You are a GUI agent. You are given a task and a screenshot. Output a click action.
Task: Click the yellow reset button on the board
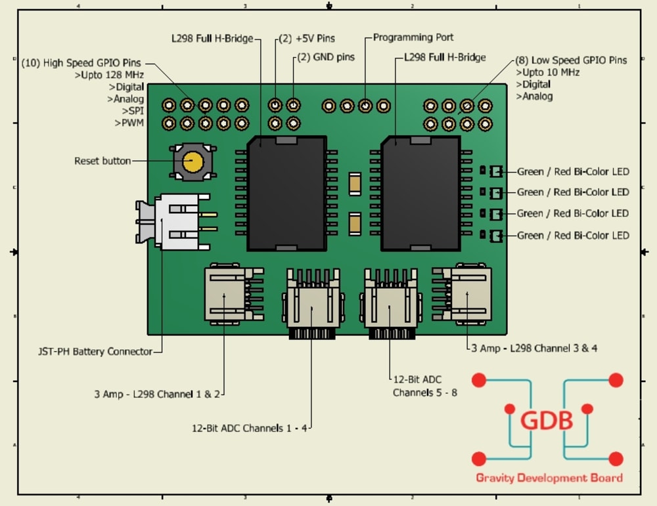click(x=193, y=161)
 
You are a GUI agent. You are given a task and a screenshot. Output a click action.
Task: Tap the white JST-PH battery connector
click(x=176, y=221)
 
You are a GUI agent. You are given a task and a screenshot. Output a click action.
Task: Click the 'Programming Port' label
click(x=413, y=37)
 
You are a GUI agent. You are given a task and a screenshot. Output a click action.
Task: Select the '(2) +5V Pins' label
click(x=307, y=39)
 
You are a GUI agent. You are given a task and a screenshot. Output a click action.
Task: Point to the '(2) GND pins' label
click(x=326, y=57)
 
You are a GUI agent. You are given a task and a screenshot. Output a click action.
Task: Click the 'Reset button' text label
click(x=102, y=161)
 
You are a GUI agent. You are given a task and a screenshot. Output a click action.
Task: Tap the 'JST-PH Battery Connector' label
click(x=95, y=351)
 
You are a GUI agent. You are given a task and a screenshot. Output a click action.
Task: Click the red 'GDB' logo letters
click(x=547, y=420)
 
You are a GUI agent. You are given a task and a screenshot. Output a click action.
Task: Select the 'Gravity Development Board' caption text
click(x=549, y=478)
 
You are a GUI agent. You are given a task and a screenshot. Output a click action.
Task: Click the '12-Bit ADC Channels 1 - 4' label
click(x=249, y=428)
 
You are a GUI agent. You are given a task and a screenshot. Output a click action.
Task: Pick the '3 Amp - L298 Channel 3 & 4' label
click(x=534, y=348)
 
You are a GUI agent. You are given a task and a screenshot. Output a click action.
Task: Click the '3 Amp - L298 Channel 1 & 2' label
click(x=157, y=394)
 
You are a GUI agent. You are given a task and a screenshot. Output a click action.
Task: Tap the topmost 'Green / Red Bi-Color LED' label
click(x=573, y=171)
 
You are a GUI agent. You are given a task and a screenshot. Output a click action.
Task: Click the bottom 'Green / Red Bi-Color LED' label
click(x=573, y=236)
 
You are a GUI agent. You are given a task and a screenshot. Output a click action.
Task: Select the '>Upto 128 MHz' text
click(x=109, y=75)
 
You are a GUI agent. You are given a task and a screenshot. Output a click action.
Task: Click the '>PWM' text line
click(x=129, y=123)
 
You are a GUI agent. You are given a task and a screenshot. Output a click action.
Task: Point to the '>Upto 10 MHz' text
click(x=548, y=72)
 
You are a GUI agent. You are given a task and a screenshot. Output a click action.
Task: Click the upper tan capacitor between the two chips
click(x=355, y=184)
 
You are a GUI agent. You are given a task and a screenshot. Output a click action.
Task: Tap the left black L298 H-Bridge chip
click(x=286, y=194)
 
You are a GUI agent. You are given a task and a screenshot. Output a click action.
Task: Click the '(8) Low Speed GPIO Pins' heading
click(x=571, y=60)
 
